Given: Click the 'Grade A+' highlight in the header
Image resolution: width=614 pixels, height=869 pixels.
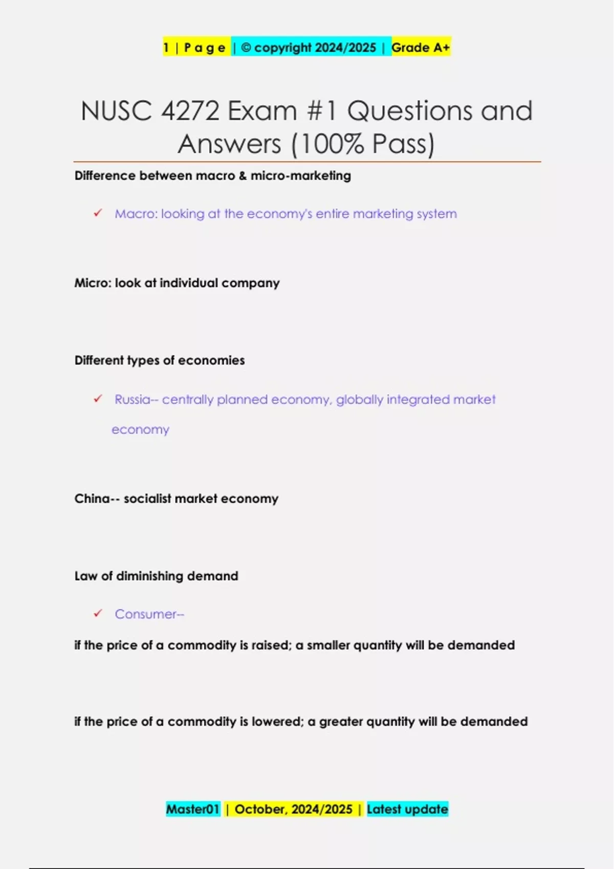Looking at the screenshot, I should [x=421, y=48].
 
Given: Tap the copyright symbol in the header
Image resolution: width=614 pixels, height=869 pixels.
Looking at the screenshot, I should [x=246, y=48].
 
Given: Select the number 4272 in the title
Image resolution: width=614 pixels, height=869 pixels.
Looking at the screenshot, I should [x=190, y=111].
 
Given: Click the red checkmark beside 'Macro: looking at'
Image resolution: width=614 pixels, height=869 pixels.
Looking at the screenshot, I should [x=98, y=213].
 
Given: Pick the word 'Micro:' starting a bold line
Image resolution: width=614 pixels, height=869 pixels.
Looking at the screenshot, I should [x=93, y=283].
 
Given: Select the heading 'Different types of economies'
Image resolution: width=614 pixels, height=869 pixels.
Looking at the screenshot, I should [x=160, y=360].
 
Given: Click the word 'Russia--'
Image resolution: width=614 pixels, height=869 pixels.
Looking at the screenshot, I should [x=136, y=399].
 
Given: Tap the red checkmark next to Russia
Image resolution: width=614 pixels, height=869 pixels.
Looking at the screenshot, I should [x=98, y=399].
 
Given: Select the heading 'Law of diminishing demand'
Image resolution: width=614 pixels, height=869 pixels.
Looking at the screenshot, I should [x=156, y=576].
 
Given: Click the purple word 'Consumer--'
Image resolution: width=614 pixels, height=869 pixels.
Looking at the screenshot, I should [x=149, y=614].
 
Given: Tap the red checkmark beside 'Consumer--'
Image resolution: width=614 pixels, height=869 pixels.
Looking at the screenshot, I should [x=98, y=613].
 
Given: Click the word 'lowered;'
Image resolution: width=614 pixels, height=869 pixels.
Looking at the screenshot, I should [x=277, y=722].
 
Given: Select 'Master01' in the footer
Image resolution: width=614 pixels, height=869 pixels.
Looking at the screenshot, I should [x=193, y=809].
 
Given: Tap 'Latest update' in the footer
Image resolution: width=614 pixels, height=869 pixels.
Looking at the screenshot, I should [x=407, y=809].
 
